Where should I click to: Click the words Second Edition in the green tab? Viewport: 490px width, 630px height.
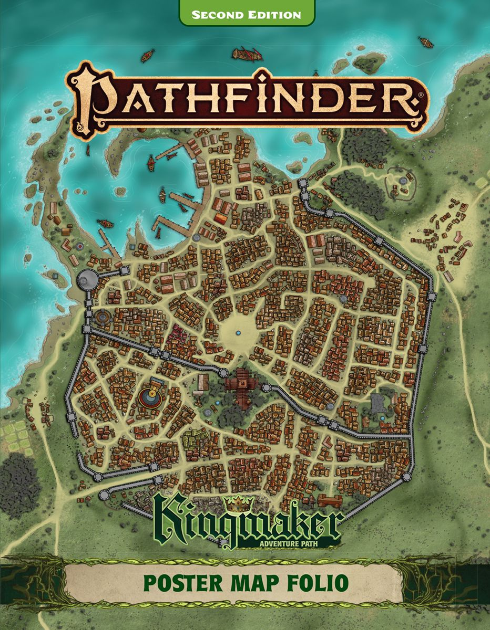(247, 14)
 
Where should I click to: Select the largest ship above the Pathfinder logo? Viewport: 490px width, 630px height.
(247, 54)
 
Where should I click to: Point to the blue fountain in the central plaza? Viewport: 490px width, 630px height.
(238, 333)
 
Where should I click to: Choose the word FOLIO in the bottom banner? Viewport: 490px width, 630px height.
(319, 583)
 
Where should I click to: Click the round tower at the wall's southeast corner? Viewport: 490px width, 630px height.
(406, 476)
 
